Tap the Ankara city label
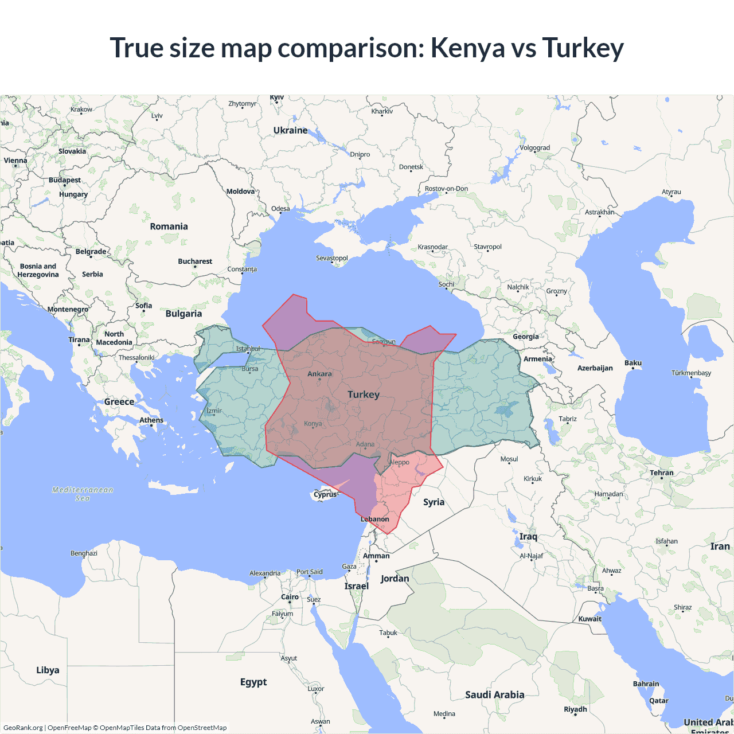pyautogui.click(x=319, y=374)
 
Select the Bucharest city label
pyautogui.click(x=195, y=261)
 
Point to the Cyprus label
pyautogui.click(x=326, y=494)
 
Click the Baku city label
pyautogui.click(x=633, y=363)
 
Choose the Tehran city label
pyautogui.click(x=662, y=473)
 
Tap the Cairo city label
pyautogui.click(x=290, y=597)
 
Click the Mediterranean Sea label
pyautogui.click(x=83, y=494)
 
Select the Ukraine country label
pyautogui.click(x=290, y=131)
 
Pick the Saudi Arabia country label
pyautogui.click(x=494, y=695)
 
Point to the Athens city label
pyautogui.click(x=151, y=420)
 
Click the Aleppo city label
pyautogui.click(x=400, y=462)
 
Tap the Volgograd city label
pyautogui.click(x=534, y=148)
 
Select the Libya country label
pyautogui.click(x=48, y=670)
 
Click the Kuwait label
pyautogui.click(x=589, y=619)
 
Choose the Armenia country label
pyautogui.click(x=537, y=359)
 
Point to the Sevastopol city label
pyautogui.click(x=332, y=258)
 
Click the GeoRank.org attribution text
pyautogui.click(x=23, y=728)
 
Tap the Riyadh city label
pyautogui.click(x=575, y=709)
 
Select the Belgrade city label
pyautogui.click(x=91, y=252)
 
